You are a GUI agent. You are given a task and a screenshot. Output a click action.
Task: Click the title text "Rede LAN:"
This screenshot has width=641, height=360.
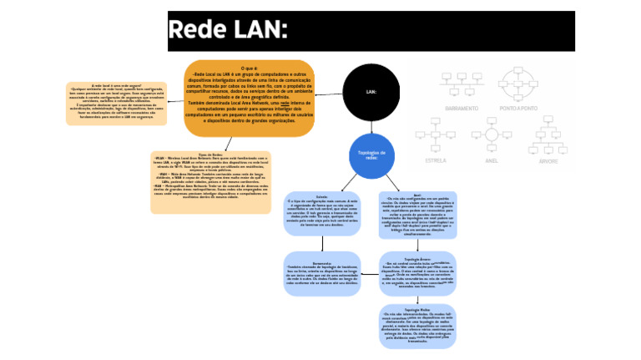(x=228, y=31)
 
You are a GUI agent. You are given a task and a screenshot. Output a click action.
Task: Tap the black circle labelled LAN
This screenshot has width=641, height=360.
(x=371, y=92)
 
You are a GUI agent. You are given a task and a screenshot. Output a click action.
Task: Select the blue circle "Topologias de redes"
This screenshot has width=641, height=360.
(x=371, y=155)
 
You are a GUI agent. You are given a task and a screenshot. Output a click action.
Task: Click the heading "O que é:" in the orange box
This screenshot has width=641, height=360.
(x=249, y=68)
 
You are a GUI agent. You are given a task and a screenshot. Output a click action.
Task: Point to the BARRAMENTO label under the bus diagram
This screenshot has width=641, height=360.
(x=462, y=108)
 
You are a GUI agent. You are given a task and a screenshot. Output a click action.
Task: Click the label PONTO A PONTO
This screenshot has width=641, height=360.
(x=519, y=108)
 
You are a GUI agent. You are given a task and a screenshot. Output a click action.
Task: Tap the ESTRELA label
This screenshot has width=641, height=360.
(x=436, y=160)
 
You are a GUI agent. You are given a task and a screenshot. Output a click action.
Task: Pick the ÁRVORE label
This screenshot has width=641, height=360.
(x=548, y=160)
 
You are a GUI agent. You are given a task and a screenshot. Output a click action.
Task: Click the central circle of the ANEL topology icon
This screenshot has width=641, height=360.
(x=491, y=134)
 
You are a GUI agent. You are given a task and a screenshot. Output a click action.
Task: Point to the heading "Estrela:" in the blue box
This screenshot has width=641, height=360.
(x=321, y=196)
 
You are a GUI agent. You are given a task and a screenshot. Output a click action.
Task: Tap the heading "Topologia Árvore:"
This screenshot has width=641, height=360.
(x=416, y=259)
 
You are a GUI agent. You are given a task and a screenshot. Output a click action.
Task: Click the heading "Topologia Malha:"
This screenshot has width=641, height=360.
(x=416, y=309)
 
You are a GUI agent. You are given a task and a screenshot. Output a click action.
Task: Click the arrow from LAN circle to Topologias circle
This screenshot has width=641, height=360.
(x=371, y=126)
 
